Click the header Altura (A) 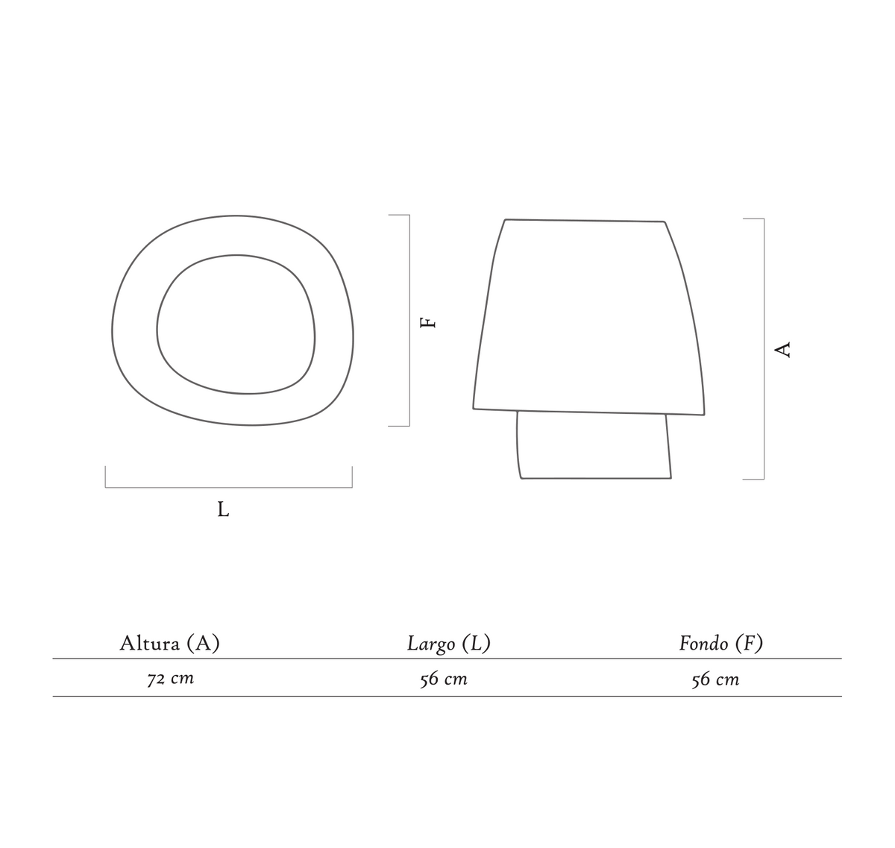coord(170,644)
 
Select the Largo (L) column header coord(448,644)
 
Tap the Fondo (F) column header coord(720,644)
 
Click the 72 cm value coord(171,679)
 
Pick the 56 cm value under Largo coord(444,679)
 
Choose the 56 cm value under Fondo coord(715,679)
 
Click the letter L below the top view coord(223,509)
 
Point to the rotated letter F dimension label coord(428,323)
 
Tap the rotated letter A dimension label coord(782,350)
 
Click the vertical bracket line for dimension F coord(409,321)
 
